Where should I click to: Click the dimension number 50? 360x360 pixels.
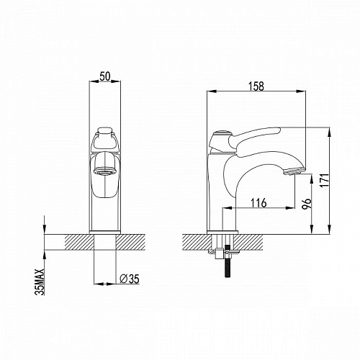coord(105,76)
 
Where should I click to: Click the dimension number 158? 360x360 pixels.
coord(256,86)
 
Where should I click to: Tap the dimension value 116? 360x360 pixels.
coord(258,203)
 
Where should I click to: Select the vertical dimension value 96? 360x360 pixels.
coord(307,204)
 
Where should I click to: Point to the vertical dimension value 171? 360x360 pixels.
coord(324,181)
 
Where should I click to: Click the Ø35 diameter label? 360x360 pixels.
coord(130,279)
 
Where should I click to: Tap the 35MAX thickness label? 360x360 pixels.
coord(40,282)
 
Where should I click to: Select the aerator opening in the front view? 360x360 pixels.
coord(104,171)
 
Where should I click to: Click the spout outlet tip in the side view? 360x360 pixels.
coord(294,171)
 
